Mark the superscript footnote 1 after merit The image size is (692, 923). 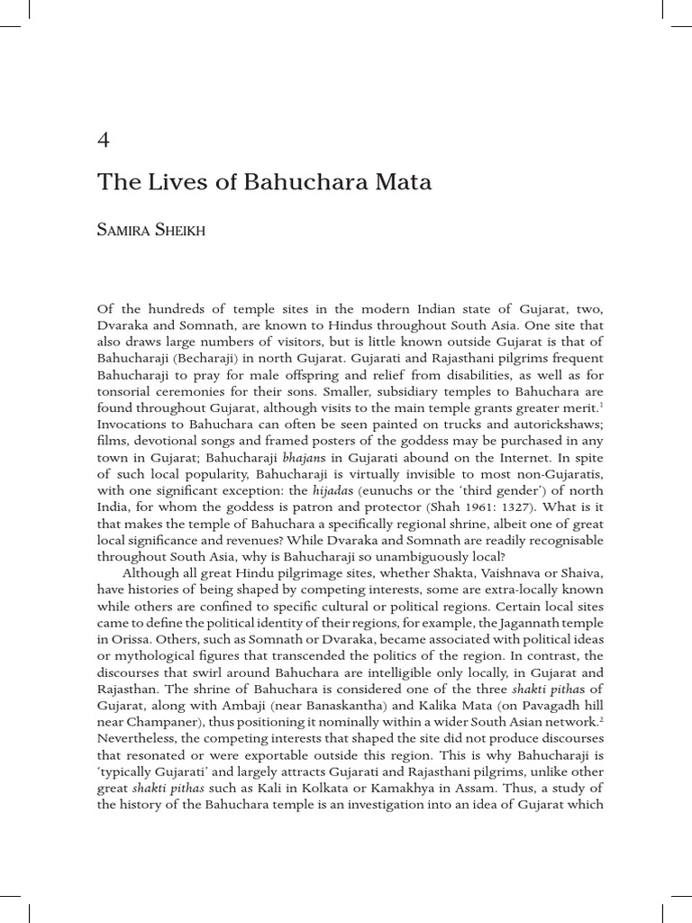pos(601,406)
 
